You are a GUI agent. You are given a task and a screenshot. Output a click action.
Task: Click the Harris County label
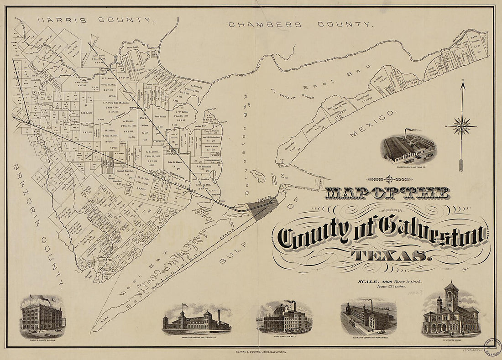click(x=94, y=20)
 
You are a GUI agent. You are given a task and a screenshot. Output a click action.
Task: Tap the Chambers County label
click(x=301, y=25)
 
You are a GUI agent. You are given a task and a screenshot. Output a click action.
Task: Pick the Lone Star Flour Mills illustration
click(x=285, y=317)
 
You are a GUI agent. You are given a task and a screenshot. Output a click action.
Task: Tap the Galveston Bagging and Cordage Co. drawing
click(x=196, y=319)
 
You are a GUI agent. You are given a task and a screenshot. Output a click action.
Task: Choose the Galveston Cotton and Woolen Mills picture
click(x=368, y=315)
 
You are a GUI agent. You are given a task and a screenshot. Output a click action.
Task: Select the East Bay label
click(x=334, y=80)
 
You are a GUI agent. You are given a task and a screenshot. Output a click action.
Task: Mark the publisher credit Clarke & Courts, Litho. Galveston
click(x=251, y=352)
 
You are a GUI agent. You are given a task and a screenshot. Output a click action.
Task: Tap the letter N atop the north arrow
click(x=462, y=83)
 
